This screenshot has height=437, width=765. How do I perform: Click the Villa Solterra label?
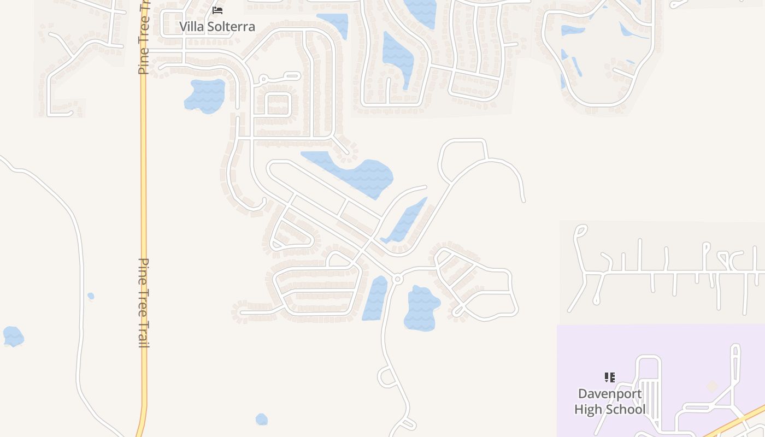point(217,26)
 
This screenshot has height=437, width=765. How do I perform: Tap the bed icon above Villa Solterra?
point(217,10)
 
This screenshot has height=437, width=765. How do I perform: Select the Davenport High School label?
point(610,401)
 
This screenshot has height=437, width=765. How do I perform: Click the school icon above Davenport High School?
point(610,377)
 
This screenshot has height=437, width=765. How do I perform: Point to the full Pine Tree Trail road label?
point(144,303)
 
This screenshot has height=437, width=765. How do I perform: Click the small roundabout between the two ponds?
point(397,279)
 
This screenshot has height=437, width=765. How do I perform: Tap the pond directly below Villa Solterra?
point(205,96)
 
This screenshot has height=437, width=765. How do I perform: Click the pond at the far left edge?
point(13,336)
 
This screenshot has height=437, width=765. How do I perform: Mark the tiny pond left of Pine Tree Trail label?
point(91,296)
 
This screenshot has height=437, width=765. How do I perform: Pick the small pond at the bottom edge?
point(262,420)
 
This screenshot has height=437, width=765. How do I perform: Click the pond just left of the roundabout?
point(375,298)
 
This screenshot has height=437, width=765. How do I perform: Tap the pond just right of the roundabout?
point(421,308)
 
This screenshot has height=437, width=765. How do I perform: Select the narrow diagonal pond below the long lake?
point(405,221)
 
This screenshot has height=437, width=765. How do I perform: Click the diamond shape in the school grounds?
point(711,387)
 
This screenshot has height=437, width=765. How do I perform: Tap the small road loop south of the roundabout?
point(387,377)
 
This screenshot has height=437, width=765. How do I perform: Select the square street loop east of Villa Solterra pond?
point(278,103)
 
